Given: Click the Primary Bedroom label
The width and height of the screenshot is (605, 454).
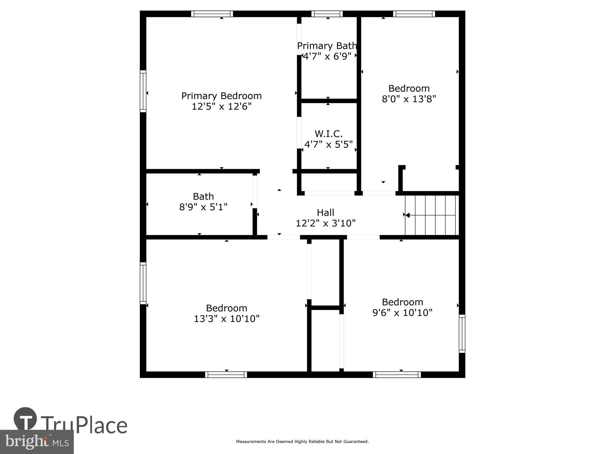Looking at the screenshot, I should click(221, 96).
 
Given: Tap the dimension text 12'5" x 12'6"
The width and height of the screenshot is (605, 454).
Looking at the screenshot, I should click(221, 107).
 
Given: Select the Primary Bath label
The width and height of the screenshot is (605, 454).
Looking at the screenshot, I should click(327, 46).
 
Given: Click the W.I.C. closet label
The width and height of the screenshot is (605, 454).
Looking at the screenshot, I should click(329, 133).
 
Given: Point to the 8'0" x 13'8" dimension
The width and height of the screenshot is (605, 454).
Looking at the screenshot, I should click(409, 99).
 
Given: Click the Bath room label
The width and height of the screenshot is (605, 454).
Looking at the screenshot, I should click(203, 196).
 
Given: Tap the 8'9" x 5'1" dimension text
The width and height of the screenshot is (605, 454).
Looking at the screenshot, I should click(203, 207).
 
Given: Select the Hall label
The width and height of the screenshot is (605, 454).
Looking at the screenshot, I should click(325, 212).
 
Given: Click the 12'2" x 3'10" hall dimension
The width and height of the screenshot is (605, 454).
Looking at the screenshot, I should click(325, 223).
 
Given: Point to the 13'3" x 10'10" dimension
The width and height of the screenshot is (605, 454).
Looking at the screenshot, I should click(227, 319).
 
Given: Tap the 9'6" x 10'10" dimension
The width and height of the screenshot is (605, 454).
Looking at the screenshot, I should click(402, 313).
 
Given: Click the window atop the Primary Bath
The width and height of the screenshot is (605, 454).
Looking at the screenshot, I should click(327, 14).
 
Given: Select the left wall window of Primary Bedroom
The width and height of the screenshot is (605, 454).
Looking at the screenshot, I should click(143, 91).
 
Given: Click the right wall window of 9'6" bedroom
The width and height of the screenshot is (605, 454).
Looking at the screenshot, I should click(462, 334).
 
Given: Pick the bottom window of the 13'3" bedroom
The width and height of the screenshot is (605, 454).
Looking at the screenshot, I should click(226, 375).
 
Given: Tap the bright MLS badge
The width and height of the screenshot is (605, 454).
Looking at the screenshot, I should click(37, 442).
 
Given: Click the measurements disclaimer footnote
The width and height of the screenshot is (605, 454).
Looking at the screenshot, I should click(302, 442).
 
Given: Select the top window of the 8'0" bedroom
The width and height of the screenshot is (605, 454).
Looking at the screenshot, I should click(414, 14).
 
